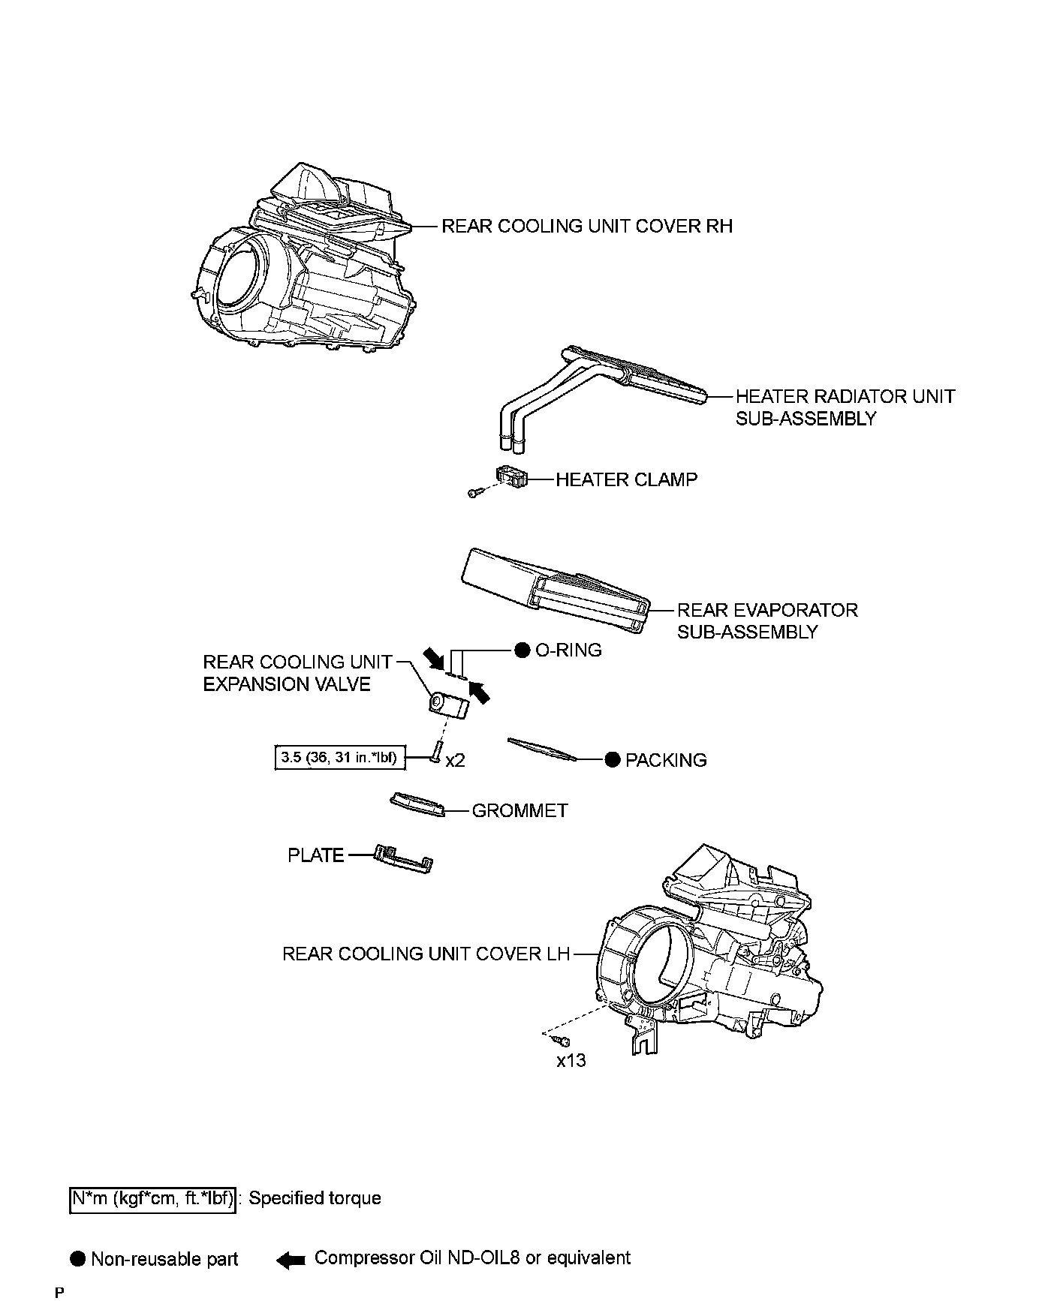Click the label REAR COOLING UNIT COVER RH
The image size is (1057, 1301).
(x=586, y=226)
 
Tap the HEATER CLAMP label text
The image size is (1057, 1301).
(x=626, y=479)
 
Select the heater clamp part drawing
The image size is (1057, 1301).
(x=510, y=476)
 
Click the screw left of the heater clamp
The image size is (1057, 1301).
(x=474, y=493)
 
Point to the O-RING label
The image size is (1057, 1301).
(x=568, y=650)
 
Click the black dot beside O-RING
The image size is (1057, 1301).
(x=522, y=650)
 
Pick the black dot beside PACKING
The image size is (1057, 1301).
(x=613, y=760)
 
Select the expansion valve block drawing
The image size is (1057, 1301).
(x=447, y=705)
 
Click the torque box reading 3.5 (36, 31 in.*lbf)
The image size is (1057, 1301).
(x=339, y=758)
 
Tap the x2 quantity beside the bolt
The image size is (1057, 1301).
(x=455, y=761)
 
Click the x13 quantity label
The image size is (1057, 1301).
(x=571, y=1061)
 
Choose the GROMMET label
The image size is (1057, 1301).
(x=519, y=811)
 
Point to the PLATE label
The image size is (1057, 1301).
(x=315, y=855)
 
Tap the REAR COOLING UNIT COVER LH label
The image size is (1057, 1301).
(x=426, y=954)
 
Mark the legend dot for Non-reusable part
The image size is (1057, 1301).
(x=78, y=1259)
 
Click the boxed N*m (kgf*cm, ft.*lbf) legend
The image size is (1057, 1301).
(x=153, y=1199)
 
